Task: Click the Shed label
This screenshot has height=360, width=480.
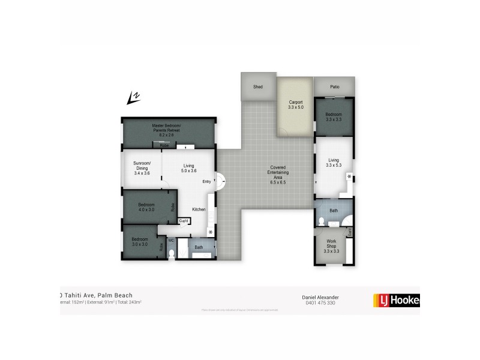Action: [258, 87]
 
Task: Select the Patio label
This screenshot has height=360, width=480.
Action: [334, 87]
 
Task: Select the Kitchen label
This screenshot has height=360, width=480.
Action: [199, 209]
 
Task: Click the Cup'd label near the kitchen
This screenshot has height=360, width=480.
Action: [184, 221]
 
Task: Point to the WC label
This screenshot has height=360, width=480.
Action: [170, 241]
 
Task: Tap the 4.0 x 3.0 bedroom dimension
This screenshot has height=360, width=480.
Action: [147, 210]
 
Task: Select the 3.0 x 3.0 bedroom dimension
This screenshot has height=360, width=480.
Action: [140, 244]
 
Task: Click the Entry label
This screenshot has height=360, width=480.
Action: [206, 182]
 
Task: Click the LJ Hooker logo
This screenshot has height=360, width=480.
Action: [395, 300]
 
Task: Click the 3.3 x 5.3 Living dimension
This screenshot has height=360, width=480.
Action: [334, 166]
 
